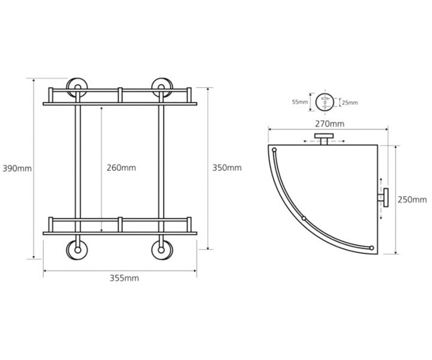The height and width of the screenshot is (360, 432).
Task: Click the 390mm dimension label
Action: [x=17, y=168]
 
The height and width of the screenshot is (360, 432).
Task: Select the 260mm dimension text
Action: [x=121, y=168]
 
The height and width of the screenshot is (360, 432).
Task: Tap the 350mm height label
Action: [x=227, y=168]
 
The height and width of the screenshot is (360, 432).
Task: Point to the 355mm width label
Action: [x=124, y=278]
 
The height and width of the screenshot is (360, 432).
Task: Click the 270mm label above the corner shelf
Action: [x=330, y=124]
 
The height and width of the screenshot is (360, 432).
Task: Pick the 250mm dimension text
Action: [x=412, y=200]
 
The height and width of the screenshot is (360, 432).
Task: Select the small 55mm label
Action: [x=300, y=102]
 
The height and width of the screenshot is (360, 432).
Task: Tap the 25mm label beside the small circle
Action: [x=350, y=103]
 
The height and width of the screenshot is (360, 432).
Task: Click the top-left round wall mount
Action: [x=77, y=87]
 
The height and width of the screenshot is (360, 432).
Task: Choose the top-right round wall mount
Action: [x=162, y=87]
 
